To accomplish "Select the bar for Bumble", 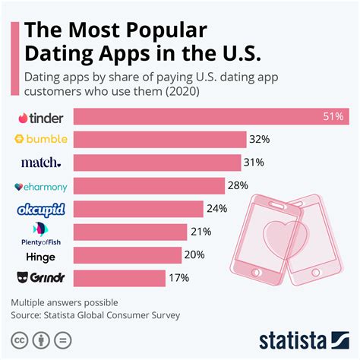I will pyautogui.click(x=159, y=140).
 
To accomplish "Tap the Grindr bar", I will pyautogui.click(x=119, y=279).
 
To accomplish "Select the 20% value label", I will pyautogui.click(x=195, y=255).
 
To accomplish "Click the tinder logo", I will pyautogui.click(x=43, y=118).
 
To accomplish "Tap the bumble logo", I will pyautogui.click(x=43, y=140).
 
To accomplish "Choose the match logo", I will pyautogui.click(x=44, y=163).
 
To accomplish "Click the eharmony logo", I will pyautogui.click(x=43, y=186).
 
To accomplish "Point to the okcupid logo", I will pyautogui.click(x=43, y=210).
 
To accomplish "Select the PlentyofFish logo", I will pyautogui.click(x=43, y=233).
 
